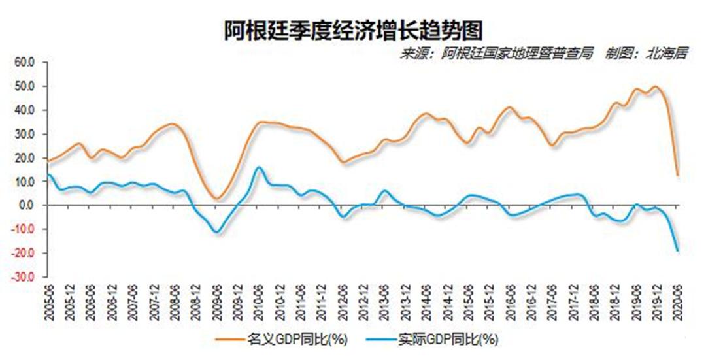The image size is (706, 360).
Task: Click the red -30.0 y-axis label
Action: coord(31,276)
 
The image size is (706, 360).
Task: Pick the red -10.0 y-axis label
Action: coord(31,229)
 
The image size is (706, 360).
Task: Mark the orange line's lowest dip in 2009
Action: coord(218,199)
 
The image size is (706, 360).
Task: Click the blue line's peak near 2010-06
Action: coord(259,168)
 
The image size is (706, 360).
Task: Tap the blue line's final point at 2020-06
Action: coord(678,250)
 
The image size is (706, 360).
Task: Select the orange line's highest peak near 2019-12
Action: coord(656,86)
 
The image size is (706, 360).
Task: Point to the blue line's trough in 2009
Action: coord(216,231)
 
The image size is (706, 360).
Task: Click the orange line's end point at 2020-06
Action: coord(678,175)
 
